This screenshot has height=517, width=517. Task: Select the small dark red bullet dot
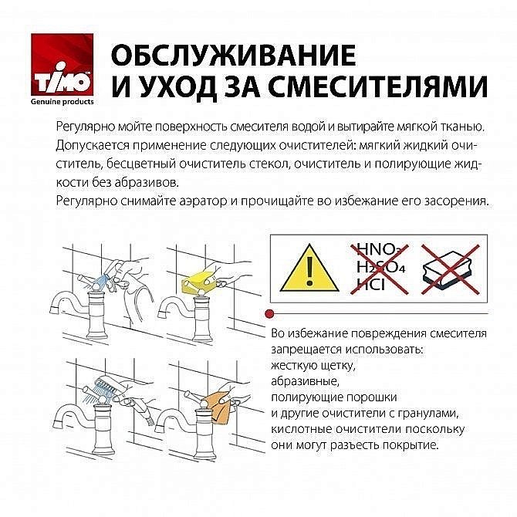(269, 313)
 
